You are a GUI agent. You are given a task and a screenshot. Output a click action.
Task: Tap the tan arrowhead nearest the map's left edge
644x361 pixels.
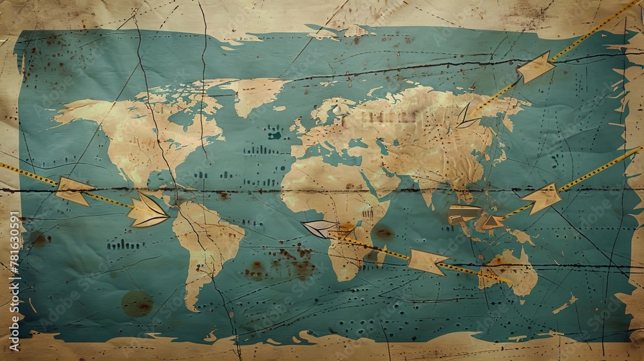coord(72,191)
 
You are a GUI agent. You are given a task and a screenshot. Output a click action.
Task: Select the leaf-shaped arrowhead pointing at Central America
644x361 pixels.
coord(147,211)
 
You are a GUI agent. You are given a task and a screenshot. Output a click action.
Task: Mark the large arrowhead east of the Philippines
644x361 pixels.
coord(542,197)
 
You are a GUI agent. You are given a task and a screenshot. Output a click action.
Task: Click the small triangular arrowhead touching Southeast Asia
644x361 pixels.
coord(493,222)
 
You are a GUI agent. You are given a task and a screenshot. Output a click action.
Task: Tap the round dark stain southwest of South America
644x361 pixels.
coord(137,303)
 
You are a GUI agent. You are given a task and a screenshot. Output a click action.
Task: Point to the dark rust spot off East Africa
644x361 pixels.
coord(384,233)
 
